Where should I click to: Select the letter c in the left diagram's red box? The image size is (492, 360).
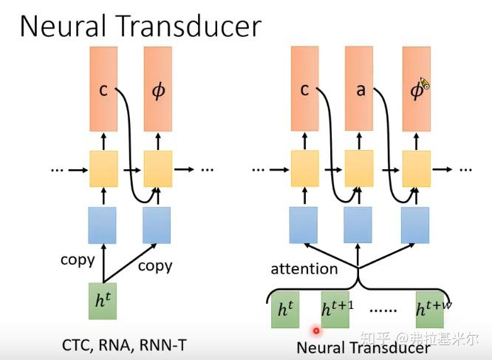(103, 90)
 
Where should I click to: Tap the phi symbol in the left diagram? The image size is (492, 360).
(158, 90)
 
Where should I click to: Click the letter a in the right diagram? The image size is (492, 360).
(361, 90)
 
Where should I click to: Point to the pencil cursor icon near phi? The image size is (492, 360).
(424, 84)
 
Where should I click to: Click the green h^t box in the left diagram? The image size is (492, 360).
(102, 301)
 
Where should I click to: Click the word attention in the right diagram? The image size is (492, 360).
(304, 268)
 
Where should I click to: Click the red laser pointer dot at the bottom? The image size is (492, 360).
(316, 331)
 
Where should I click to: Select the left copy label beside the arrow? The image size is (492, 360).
(78, 259)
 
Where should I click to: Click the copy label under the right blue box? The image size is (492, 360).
(154, 265)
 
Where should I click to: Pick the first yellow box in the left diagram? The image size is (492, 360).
(103, 169)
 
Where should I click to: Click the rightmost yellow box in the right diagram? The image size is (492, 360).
(416, 169)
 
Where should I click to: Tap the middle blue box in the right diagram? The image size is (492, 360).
(360, 225)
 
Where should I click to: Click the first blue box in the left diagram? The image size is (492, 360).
(102, 225)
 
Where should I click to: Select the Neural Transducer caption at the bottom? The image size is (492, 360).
(362, 347)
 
